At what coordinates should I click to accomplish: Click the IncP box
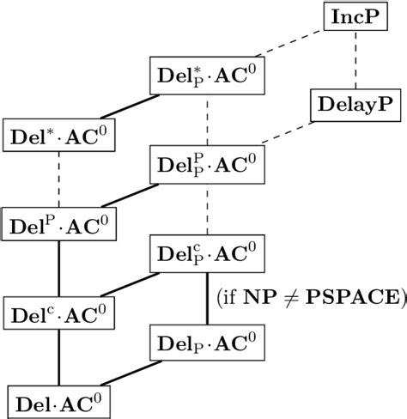point(355,16)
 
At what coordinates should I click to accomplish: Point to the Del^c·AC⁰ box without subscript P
point(59,312)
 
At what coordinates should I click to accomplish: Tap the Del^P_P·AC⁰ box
point(207,164)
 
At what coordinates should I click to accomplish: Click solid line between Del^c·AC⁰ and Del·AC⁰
point(59,356)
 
